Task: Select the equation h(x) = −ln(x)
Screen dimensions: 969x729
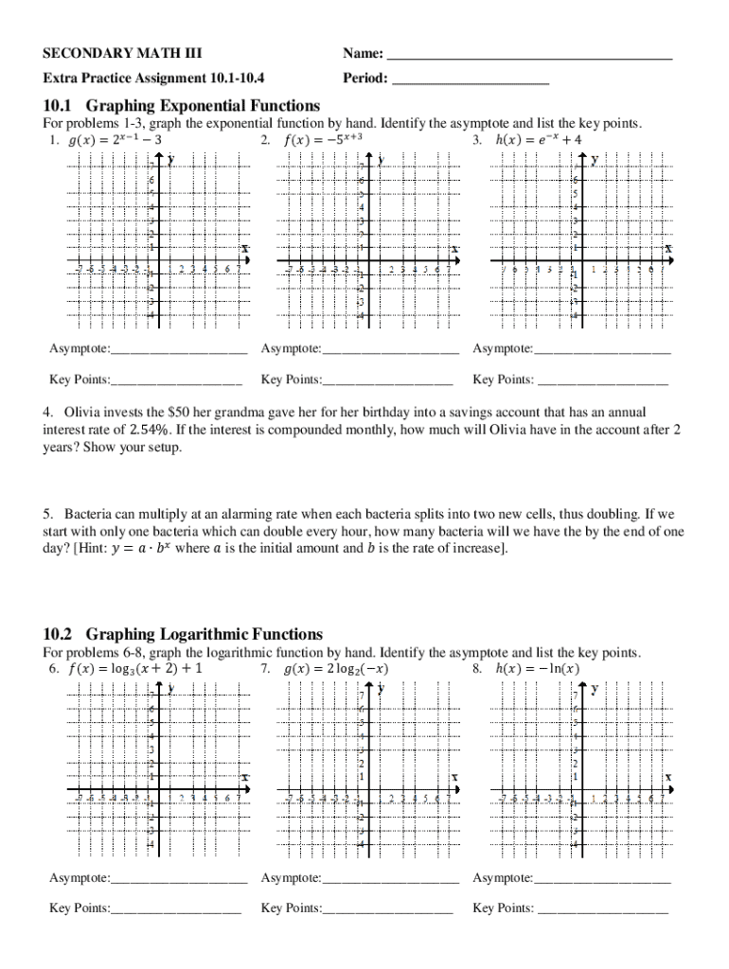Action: coord(538,669)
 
